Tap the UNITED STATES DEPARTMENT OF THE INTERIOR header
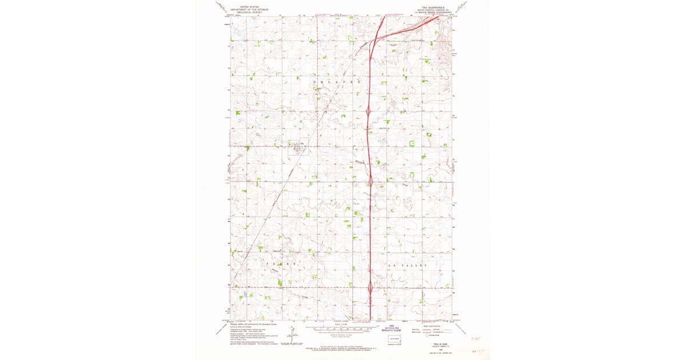point(249,9)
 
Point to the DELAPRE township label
point(337,83)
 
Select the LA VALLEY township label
point(406,266)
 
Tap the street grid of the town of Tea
point(297,147)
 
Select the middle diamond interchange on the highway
point(370,182)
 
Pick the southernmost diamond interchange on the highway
point(370,287)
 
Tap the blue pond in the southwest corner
point(245,294)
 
